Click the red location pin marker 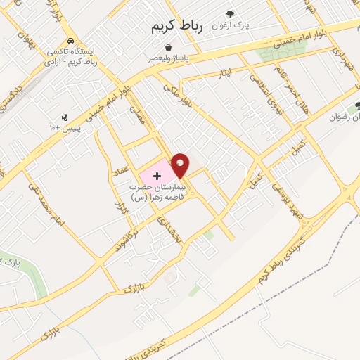pyautogui.click(x=181, y=165)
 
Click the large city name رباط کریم pyautogui.click(x=176, y=27)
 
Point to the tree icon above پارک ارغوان pyautogui.click(x=230, y=13)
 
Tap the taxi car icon pyautogui.click(x=72, y=41)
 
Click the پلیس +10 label pyautogui.click(x=64, y=129)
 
